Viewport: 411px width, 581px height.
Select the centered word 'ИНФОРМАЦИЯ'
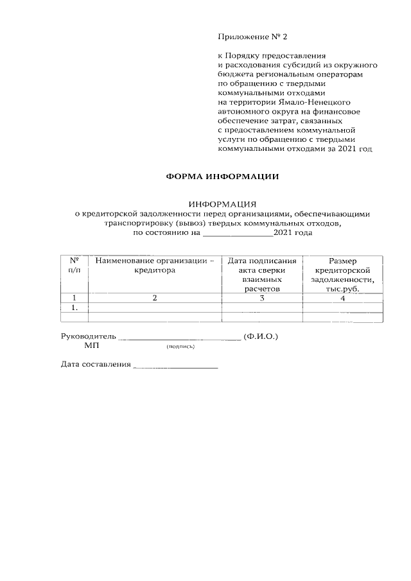222,204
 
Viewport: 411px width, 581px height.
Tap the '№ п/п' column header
74,266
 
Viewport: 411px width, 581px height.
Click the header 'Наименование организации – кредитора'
154,266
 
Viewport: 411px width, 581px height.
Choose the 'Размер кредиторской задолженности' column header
342,275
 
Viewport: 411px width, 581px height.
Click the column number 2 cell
154,298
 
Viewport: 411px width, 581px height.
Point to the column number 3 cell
262,298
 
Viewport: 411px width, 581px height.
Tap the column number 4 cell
342,298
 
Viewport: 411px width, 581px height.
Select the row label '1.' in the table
74,308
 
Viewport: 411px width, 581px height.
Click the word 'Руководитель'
88,336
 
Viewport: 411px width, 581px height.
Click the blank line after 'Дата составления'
175,366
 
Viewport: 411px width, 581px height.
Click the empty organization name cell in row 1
154,308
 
